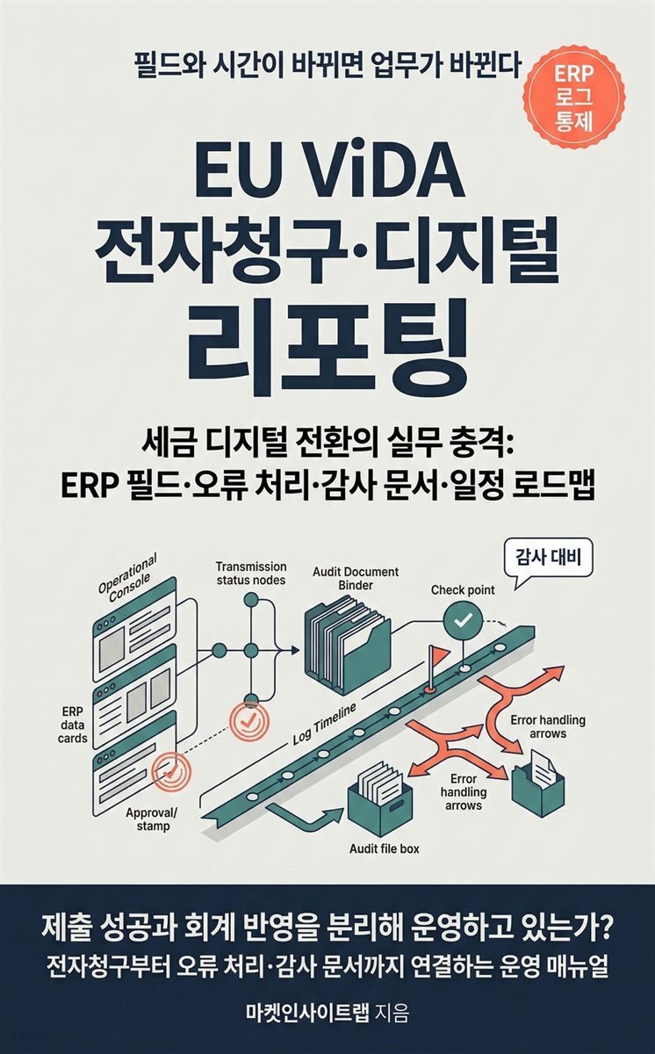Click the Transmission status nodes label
(x=251, y=573)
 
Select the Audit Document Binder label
(x=355, y=578)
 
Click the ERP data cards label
(x=74, y=726)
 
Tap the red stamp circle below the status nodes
(x=249, y=718)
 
